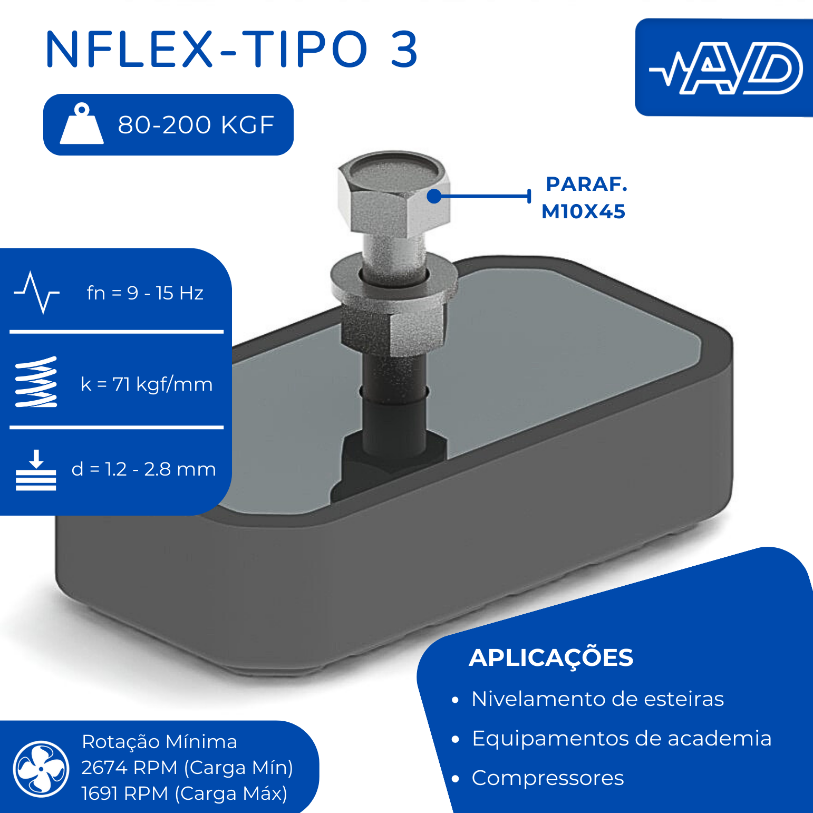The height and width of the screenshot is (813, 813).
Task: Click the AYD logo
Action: point(726,68)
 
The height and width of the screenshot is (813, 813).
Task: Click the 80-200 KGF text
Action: point(196,125)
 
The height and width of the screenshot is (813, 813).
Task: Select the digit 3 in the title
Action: point(404,49)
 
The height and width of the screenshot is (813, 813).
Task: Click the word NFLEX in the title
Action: point(130,49)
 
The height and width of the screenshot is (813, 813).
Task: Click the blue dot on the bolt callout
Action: point(434,196)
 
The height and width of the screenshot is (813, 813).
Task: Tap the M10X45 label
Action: point(584,211)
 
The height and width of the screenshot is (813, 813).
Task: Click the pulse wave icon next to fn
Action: point(36,293)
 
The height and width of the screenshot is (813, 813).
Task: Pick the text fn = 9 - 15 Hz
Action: point(145,293)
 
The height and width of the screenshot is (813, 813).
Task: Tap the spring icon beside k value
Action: point(36,382)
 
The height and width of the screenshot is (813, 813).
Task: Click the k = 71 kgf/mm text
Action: point(147,384)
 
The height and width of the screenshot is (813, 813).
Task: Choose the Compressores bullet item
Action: point(548,778)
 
